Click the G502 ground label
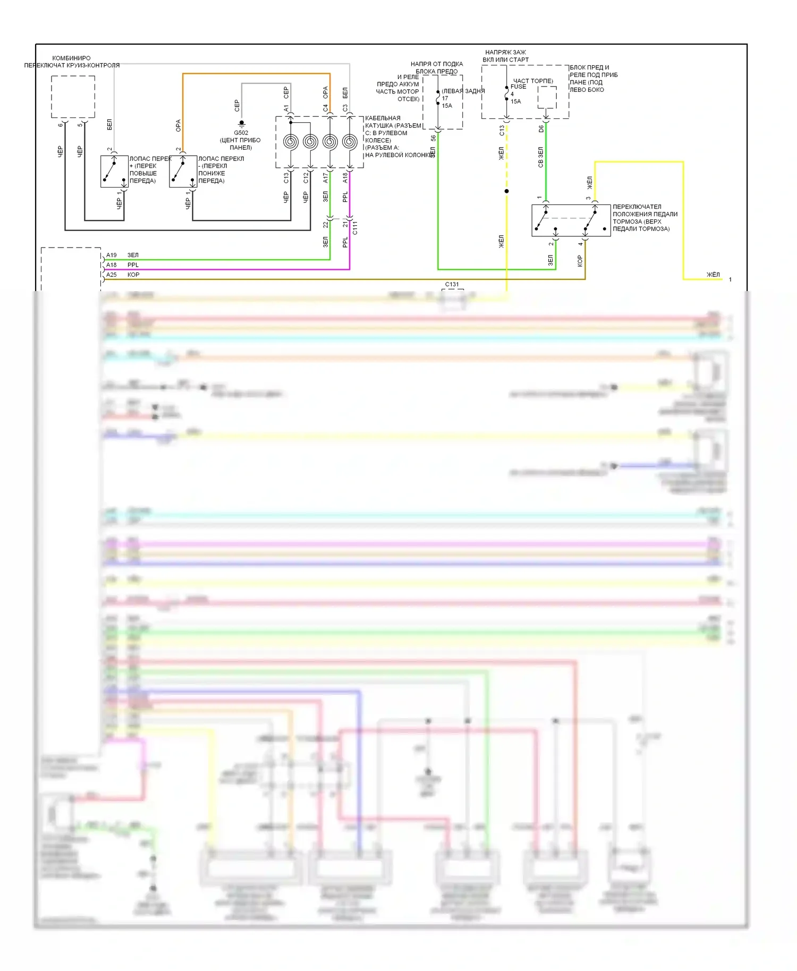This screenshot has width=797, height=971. [x=241, y=133]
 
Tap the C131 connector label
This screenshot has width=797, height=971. [x=452, y=284]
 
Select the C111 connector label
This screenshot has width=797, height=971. [x=355, y=227]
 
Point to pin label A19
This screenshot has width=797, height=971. [x=111, y=255]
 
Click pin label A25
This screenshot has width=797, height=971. [x=111, y=275]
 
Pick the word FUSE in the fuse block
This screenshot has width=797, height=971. [x=518, y=87]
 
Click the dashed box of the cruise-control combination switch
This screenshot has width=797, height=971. [x=73, y=97]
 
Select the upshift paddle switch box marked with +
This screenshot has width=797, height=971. [x=114, y=171]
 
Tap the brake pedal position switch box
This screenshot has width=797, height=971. [x=571, y=220]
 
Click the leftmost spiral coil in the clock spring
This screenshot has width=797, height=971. [x=291, y=142]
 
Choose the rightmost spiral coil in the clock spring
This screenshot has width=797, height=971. [x=350, y=142]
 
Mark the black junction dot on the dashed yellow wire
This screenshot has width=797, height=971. [x=506, y=191]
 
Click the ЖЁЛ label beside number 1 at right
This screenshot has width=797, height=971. [x=713, y=275]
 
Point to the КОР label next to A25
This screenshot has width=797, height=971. [x=133, y=275]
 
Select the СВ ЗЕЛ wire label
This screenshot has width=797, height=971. [x=541, y=157]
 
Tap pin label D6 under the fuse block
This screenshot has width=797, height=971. [x=541, y=129]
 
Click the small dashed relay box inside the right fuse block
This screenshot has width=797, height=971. [x=547, y=97]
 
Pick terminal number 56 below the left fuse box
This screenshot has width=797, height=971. [x=433, y=138]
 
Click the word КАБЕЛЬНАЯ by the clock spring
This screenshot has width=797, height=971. [x=383, y=118]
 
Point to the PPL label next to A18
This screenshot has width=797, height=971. [x=133, y=265]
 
